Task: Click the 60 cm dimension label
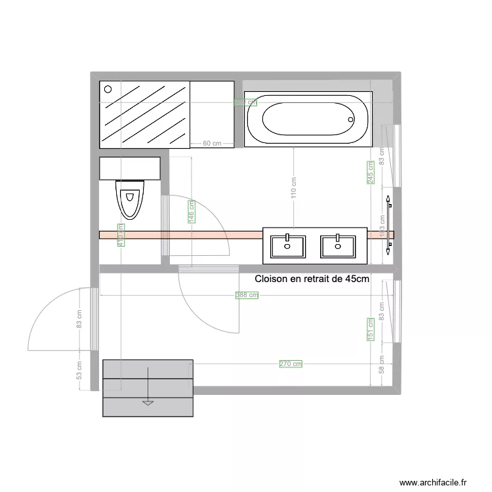tap(211, 143)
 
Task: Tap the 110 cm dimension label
tap(294, 188)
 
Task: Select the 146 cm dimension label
tap(191, 212)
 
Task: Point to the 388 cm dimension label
tap(247, 296)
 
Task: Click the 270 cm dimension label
tap(291, 364)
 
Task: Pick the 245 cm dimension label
tap(370, 173)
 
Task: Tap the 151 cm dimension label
tap(370, 329)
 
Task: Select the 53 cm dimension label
tap(79, 371)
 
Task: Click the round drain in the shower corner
tap(108, 89)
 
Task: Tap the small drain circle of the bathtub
tap(351, 120)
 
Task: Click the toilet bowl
tap(129, 199)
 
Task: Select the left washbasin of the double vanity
tap(287, 246)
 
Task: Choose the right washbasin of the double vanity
tap(338, 246)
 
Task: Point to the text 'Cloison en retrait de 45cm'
tap(312, 279)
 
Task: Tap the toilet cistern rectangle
tap(130, 168)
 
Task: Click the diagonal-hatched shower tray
tap(144, 115)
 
